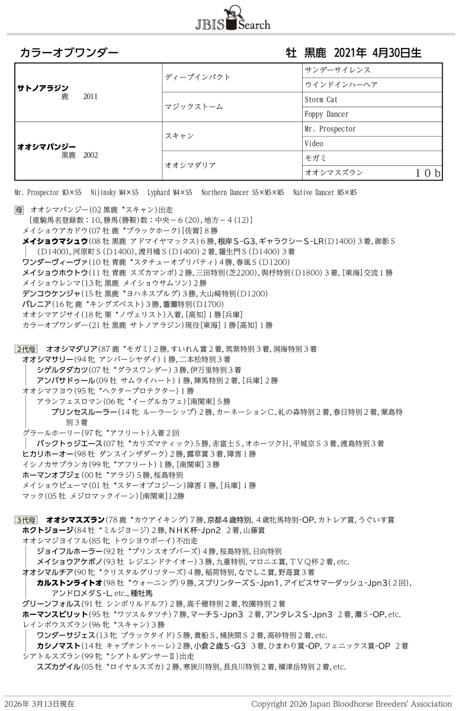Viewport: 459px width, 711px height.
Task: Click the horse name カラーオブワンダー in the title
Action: [x=69, y=53]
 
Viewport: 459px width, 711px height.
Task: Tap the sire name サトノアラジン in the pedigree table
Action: [x=43, y=88]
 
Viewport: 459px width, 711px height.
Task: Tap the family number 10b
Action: [x=428, y=173]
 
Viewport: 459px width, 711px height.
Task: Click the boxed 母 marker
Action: [x=19, y=210]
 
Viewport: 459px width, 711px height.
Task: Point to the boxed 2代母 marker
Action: [x=26, y=349]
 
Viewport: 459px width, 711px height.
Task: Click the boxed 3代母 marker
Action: [x=26, y=520]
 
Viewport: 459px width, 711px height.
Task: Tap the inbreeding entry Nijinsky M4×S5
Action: [x=114, y=193]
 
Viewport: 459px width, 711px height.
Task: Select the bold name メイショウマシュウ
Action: [x=54, y=241]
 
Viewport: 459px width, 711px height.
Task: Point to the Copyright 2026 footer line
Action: [x=351, y=703]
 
